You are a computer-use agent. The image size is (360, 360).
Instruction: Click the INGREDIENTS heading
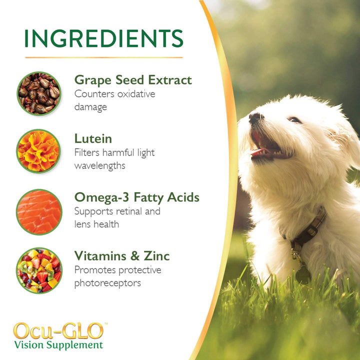(x=103, y=39)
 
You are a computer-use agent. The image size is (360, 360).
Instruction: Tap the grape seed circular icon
(x=38, y=93)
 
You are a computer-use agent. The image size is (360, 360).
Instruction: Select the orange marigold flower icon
(x=38, y=151)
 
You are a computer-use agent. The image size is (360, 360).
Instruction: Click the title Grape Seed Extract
(x=133, y=80)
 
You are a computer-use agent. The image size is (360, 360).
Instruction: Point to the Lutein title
(x=93, y=139)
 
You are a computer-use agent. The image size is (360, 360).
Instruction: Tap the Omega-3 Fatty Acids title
(x=136, y=197)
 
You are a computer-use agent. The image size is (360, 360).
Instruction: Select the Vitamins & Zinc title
(x=122, y=256)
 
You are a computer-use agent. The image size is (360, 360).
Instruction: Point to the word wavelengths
(x=100, y=165)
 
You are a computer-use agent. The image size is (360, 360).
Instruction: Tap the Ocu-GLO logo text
(x=58, y=331)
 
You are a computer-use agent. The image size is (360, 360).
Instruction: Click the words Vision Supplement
(x=58, y=345)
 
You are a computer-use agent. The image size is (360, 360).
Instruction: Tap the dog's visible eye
(x=294, y=119)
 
